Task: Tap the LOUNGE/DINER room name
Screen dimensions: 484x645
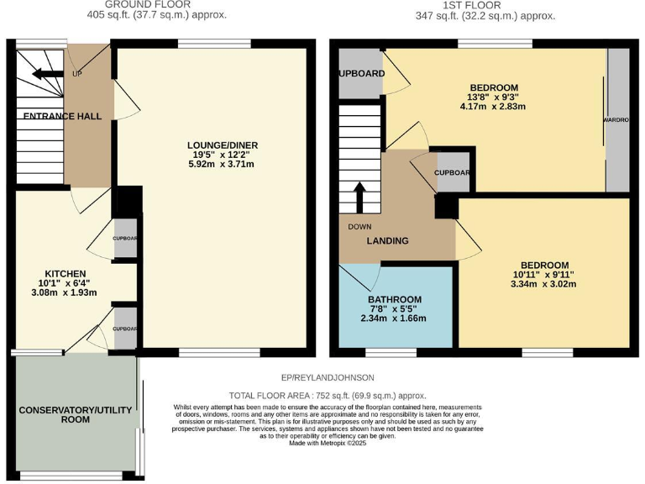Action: pos(222,145)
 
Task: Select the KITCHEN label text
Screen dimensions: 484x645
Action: pos(65,274)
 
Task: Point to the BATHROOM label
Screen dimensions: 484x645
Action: pos(394,300)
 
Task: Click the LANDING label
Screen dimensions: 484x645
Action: pos(387,241)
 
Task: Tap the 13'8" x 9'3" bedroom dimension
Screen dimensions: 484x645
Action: pos(492,97)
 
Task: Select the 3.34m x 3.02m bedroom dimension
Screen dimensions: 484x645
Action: pos(544,284)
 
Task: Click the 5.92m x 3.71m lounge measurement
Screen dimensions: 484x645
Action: pos(222,164)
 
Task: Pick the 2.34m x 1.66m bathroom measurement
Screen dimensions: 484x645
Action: pos(394,318)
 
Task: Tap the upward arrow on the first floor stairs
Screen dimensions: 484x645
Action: pos(360,197)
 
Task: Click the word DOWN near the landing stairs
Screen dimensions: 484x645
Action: pos(360,226)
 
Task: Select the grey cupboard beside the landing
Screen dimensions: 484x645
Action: pos(453,173)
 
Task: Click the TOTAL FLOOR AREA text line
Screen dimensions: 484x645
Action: pos(328,396)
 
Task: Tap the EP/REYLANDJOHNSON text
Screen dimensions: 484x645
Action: pos(328,377)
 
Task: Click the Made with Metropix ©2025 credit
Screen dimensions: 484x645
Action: pos(328,444)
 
